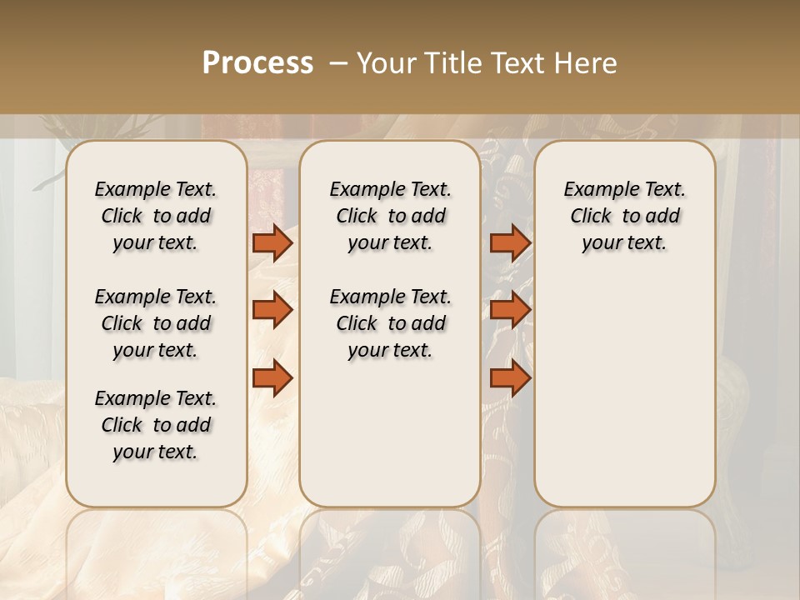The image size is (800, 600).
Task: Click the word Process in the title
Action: tap(257, 63)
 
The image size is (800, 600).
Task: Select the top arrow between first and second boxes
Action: tap(272, 243)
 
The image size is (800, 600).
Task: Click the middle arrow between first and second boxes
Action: tap(272, 310)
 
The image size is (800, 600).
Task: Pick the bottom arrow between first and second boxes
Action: tap(272, 378)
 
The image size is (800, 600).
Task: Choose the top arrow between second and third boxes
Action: tap(510, 243)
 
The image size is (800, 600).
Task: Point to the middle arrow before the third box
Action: tap(510, 310)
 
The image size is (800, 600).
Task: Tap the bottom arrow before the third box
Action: tap(510, 378)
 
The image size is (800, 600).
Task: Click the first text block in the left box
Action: tap(156, 216)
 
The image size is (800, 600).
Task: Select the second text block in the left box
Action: tap(156, 323)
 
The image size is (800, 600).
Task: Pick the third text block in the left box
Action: tap(156, 425)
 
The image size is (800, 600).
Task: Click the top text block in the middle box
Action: tap(390, 216)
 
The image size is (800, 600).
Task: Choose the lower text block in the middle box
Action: tap(390, 323)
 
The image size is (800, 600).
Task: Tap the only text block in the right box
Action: tap(624, 216)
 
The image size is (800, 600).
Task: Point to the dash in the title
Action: tap(338, 63)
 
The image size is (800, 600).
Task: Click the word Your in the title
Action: tap(386, 63)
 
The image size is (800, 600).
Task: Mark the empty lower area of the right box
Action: tap(624, 392)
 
